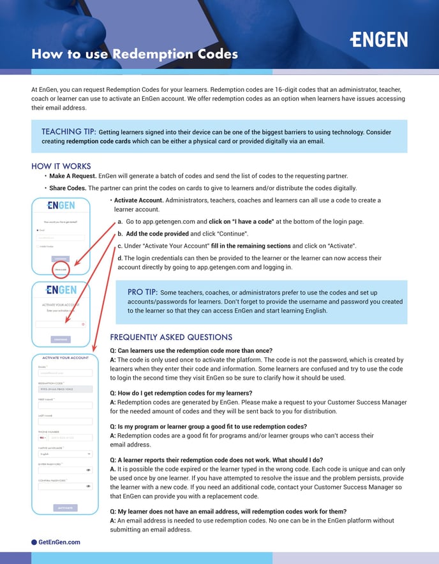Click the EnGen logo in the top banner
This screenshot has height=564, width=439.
379,39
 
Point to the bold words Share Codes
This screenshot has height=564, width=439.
66,188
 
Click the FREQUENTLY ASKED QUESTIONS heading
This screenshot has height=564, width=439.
171,337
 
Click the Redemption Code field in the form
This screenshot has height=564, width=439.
65,389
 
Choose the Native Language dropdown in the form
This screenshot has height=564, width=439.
65,454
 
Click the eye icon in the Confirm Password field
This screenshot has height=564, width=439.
88,486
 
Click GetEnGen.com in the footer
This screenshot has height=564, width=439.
59,542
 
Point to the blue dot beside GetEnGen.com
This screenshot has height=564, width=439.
34,542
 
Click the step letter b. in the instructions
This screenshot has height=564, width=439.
121,234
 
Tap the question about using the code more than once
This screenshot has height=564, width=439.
191,351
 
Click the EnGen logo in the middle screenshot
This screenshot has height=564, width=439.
61,290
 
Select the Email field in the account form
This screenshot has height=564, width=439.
65,373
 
